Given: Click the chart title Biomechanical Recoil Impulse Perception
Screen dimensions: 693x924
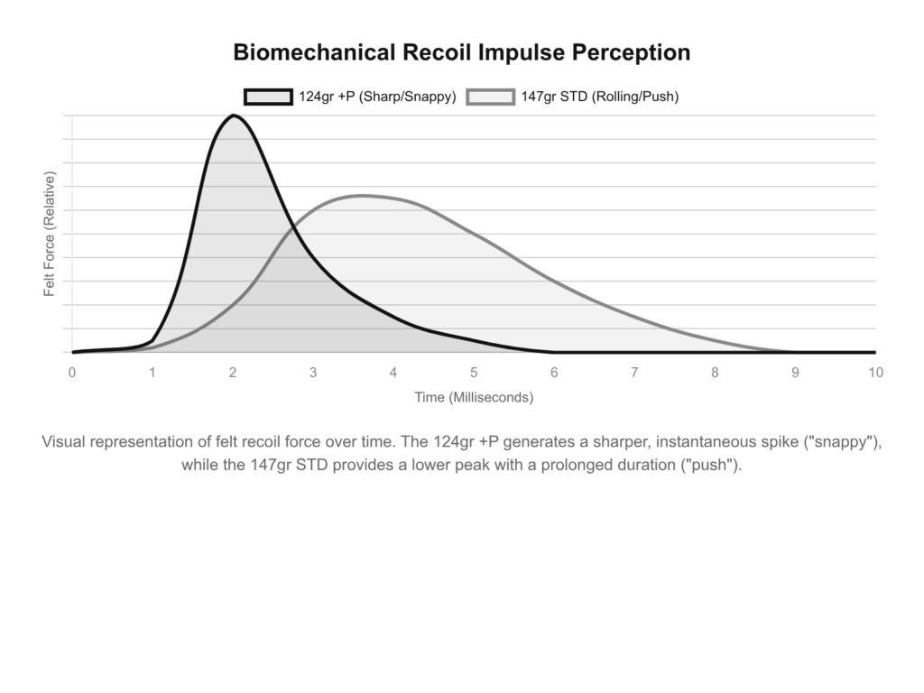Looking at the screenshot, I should point(461,52).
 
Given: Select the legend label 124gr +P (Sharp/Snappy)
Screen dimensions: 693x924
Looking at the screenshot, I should point(377,97).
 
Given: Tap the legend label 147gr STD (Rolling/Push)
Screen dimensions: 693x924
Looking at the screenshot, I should point(599,97).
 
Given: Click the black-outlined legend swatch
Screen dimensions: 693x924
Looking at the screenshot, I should point(268,97).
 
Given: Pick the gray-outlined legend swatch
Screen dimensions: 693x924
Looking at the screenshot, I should point(490,97).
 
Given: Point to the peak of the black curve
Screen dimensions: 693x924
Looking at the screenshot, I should point(233,115).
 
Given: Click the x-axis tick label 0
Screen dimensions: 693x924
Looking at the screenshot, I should point(72,372).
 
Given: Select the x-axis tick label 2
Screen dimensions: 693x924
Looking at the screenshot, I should point(233,372).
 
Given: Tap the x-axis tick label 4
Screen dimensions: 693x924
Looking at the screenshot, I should point(393,372).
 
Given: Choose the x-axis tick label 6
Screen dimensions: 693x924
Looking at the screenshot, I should point(554,372).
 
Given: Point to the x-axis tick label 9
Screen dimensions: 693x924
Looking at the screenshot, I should point(795,372).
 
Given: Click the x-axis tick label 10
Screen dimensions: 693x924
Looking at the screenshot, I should point(874,372).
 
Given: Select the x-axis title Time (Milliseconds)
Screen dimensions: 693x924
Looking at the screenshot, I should point(474,397).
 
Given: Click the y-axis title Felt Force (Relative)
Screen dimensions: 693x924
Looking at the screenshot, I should point(50,234).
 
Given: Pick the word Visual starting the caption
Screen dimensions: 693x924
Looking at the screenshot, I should point(65,443).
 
